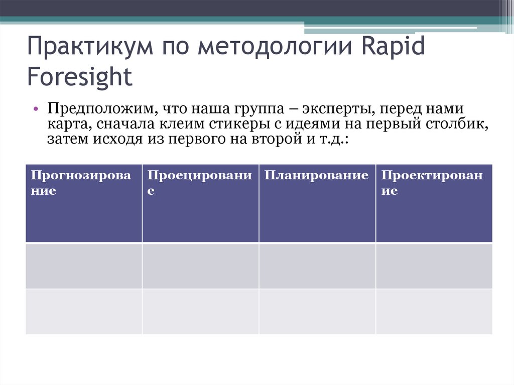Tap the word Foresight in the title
(80, 77)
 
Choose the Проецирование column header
(199, 183)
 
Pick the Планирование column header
(316, 176)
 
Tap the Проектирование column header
(432, 183)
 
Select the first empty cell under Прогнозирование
(84, 266)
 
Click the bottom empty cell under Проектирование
(434, 312)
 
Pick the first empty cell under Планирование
(317, 266)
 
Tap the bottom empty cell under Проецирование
(200, 312)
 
